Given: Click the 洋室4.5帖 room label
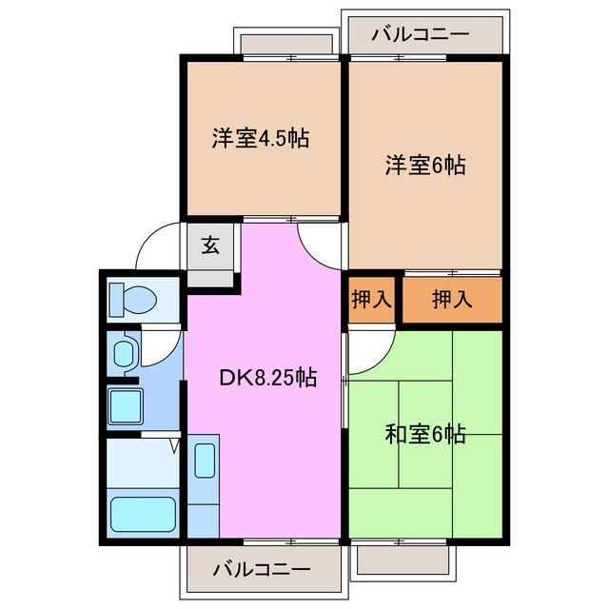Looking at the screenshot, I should click(260, 137).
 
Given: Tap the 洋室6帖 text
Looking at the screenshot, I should click(424, 165).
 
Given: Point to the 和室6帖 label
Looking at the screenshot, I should click(424, 435).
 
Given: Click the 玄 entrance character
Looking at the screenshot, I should click(210, 245).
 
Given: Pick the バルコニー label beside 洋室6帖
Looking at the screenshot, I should click(420, 34).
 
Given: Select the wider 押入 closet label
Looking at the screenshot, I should click(451, 300).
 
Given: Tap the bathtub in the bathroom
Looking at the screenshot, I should click(142, 513).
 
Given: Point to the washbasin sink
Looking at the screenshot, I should click(125, 355).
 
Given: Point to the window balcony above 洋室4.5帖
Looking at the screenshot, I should click(285, 43).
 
